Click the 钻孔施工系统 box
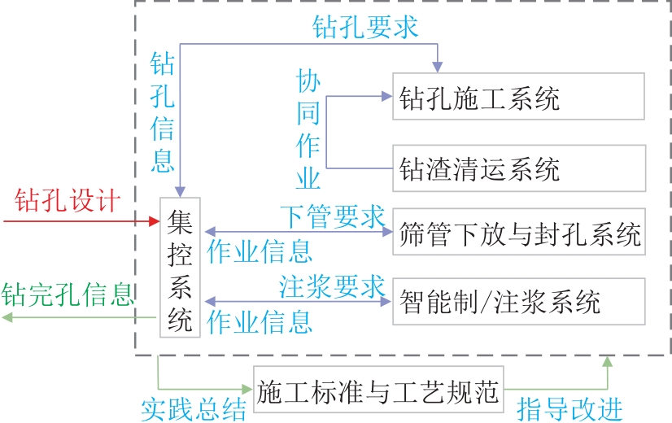click(518, 97)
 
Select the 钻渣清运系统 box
click(518, 168)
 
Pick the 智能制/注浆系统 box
click(518, 302)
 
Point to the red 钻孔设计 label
click(68, 200)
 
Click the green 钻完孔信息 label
click(68, 294)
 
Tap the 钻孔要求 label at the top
click(365, 26)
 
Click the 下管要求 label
click(332, 216)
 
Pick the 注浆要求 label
click(332, 286)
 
